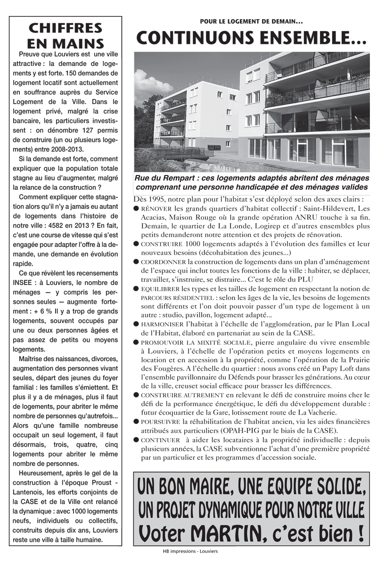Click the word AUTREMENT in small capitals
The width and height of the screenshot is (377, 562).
[x=201, y=395]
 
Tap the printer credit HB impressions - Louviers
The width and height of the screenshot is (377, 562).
[x=190, y=550]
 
